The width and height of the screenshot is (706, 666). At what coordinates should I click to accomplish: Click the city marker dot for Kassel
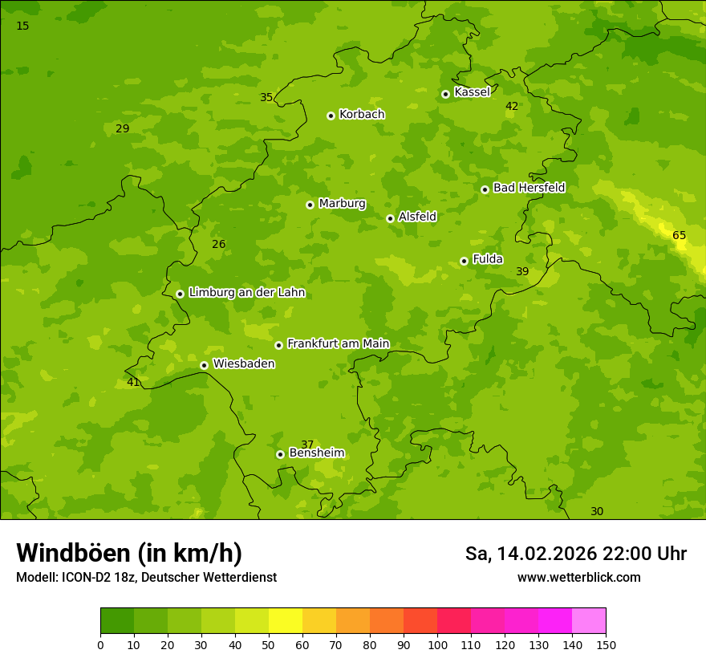pyautogui.click(x=445, y=94)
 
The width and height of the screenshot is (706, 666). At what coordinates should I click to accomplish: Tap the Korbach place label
pyautogui.click(x=362, y=115)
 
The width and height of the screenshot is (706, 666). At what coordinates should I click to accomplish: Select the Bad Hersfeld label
pyautogui.click(x=529, y=188)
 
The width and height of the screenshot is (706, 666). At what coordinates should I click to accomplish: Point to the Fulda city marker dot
pyautogui.click(x=464, y=261)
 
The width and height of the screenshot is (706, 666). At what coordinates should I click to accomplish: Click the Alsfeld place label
pyautogui.click(x=417, y=217)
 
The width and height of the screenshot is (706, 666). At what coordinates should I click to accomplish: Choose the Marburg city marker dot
pyautogui.click(x=310, y=205)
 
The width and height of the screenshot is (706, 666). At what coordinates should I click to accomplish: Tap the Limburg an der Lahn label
pyautogui.click(x=246, y=293)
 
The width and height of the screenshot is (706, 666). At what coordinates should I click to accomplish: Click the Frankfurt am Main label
pyautogui.click(x=338, y=343)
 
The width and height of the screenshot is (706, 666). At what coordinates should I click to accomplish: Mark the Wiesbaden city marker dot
pyautogui.click(x=204, y=365)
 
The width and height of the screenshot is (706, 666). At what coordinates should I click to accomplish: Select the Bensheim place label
pyautogui.click(x=316, y=453)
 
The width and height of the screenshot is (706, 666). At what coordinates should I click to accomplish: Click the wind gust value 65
pyautogui.click(x=679, y=235)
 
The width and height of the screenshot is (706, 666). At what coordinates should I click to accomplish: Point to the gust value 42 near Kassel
pyautogui.click(x=512, y=106)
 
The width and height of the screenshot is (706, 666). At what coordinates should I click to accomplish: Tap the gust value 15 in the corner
pyautogui.click(x=22, y=26)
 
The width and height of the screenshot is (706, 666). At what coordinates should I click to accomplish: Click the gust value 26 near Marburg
pyautogui.click(x=218, y=244)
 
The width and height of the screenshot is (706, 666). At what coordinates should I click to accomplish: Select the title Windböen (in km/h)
pyautogui.click(x=129, y=553)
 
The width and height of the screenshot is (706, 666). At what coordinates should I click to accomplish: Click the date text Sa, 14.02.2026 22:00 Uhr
pyautogui.click(x=575, y=554)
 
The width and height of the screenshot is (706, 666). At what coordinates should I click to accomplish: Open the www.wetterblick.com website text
pyautogui.click(x=578, y=578)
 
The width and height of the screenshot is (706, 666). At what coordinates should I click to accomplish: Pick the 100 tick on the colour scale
pyautogui.click(x=437, y=644)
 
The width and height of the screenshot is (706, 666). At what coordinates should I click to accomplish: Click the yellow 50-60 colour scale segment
pyautogui.click(x=286, y=620)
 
